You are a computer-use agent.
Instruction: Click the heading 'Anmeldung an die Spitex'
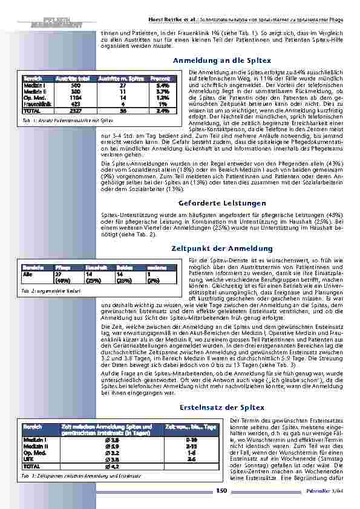221,61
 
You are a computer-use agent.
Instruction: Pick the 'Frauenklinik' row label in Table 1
36,102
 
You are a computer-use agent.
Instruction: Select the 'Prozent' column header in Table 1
160,79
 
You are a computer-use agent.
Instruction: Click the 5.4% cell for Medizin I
162,86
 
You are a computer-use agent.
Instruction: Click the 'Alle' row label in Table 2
28,273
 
